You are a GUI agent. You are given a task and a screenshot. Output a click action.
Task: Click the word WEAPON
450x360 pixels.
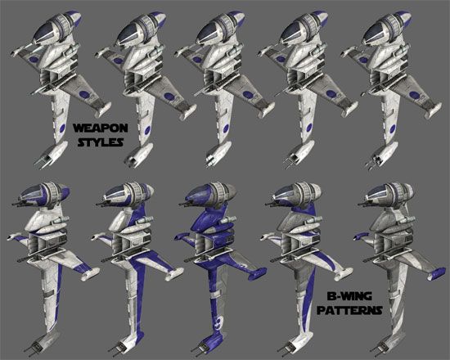pos(100,128)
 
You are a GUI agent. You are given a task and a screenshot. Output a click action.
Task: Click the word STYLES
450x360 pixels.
pos(101,142)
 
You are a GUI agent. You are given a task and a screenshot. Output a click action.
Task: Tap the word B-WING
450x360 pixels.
pos(349,295)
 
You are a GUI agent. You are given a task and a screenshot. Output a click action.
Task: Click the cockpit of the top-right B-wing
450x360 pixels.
pos(376,33)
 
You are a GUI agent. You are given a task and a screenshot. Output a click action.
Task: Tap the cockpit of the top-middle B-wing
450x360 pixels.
pos(210,33)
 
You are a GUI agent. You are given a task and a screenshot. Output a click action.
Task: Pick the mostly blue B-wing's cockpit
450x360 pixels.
pos(199,193)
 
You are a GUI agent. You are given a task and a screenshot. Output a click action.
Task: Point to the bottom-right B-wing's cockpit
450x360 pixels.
pos(379,192)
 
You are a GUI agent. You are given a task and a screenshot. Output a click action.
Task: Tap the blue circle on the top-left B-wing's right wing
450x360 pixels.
pos(84,94)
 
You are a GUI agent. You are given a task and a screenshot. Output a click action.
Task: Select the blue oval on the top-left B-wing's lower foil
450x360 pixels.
pos(61,129)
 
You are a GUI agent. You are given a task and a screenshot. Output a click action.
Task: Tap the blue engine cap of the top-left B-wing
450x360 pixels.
pos(74,19)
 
